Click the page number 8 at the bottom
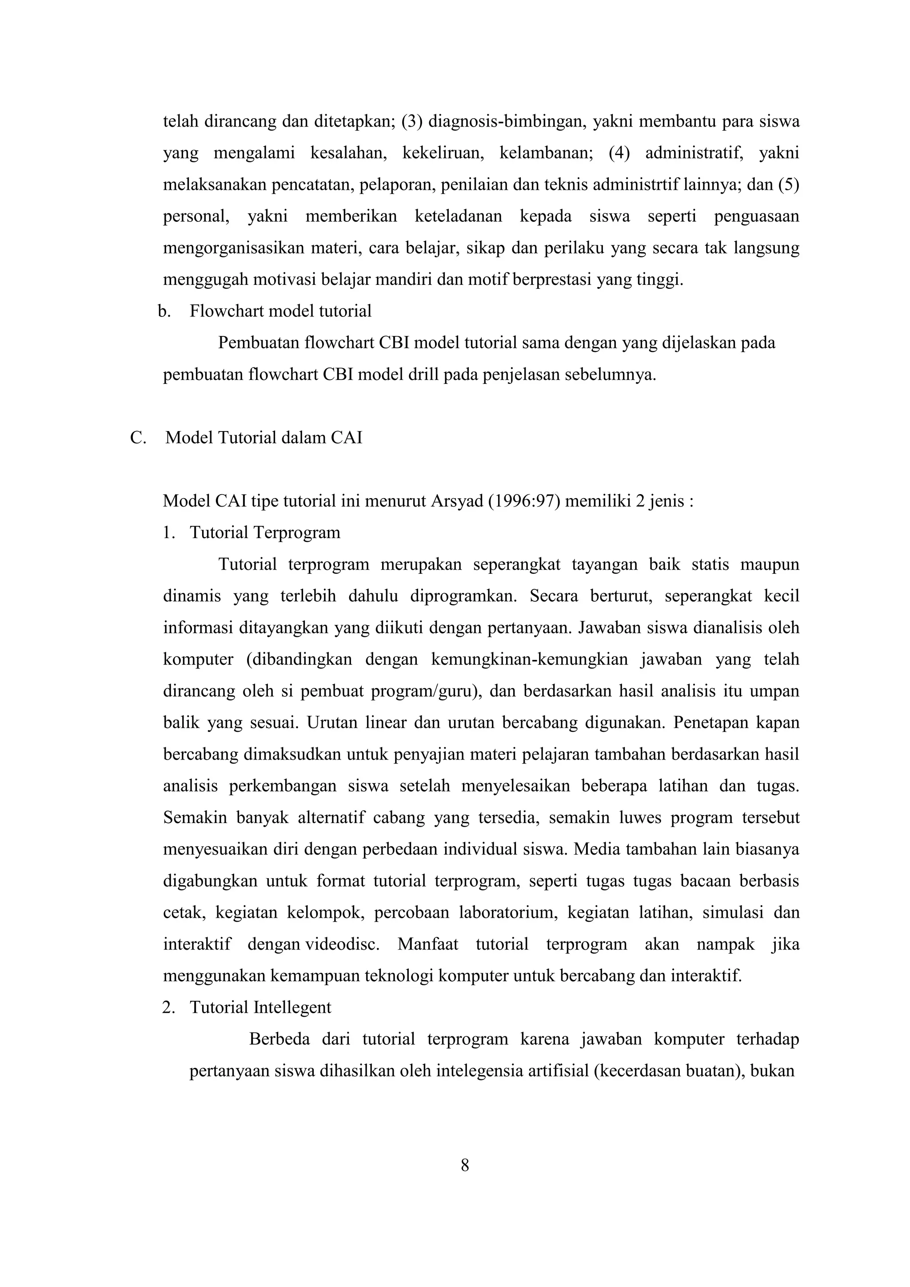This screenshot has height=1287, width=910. (x=464, y=1165)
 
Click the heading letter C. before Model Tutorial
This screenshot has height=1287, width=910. (x=138, y=438)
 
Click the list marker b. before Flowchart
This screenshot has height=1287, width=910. (x=164, y=311)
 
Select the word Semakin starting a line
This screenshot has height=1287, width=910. (x=195, y=818)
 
